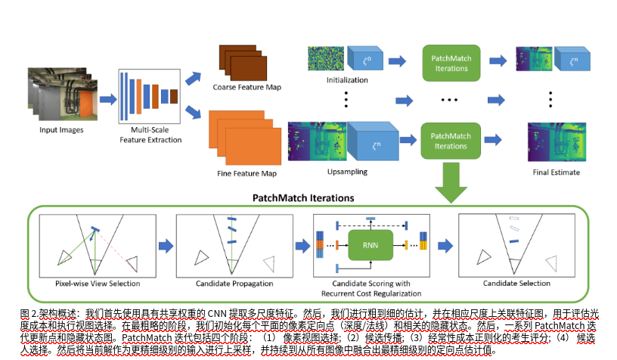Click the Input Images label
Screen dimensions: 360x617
click(61, 129)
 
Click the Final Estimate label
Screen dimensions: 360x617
click(555, 172)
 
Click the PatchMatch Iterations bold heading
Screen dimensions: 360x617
click(308, 198)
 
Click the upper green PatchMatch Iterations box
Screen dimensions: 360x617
click(451, 62)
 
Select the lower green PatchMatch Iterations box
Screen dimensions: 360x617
click(451, 141)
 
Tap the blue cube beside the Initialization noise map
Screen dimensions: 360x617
click(366, 59)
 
